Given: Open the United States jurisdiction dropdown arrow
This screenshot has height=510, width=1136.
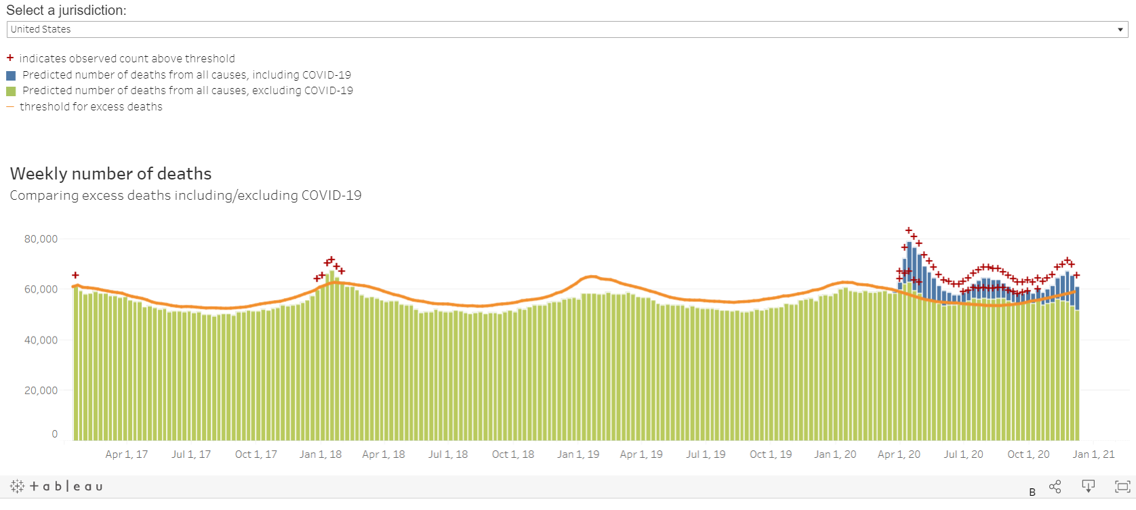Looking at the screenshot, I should point(1120,30).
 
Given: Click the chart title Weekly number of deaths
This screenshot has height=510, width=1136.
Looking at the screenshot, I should point(110,174).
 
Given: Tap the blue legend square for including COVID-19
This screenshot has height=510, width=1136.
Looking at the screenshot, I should point(11,75).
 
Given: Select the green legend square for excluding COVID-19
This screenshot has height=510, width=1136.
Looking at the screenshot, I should point(11,91).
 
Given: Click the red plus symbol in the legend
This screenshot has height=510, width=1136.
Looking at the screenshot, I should point(10,58).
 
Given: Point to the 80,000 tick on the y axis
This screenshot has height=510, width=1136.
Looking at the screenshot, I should point(41,239).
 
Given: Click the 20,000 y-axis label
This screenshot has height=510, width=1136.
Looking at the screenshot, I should point(41,391).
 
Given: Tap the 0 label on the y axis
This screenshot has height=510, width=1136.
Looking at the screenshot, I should point(55,434).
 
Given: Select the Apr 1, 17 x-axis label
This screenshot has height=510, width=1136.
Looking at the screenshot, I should point(126,454).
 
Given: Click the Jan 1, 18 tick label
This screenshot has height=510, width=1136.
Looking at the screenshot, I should point(321,454).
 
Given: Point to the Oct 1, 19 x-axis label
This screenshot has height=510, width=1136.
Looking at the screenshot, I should point(771,454).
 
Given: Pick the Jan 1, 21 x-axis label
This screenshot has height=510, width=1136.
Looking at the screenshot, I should point(1093,454).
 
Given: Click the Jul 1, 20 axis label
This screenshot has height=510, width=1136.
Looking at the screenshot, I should point(963,454).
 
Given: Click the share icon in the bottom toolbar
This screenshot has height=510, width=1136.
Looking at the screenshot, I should point(1055,486).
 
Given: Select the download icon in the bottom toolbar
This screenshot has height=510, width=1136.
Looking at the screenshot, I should point(1089,486).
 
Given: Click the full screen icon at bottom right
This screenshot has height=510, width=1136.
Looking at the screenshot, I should point(1122,486).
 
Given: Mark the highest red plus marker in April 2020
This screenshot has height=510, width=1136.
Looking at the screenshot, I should point(909,231).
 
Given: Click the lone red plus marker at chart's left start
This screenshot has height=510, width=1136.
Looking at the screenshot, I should point(75,275).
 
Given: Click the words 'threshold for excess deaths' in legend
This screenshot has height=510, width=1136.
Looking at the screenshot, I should point(91,107).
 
